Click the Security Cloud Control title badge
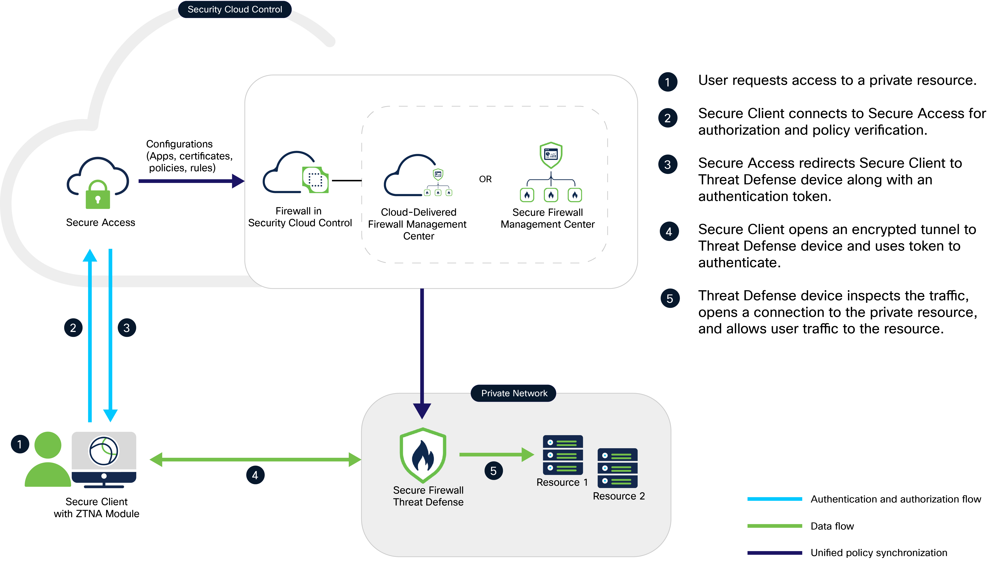pyautogui.click(x=235, y=9)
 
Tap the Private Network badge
pyautogui.click(x=514, y=393)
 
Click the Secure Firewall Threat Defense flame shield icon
pyautogui.click(x=423, y=455)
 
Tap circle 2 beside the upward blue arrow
pyautogui.click(x=73, y=328)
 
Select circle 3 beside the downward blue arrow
pyautogui.click(x=127, y=328)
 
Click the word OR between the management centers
pyautogui.click(x=485, y=179)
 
